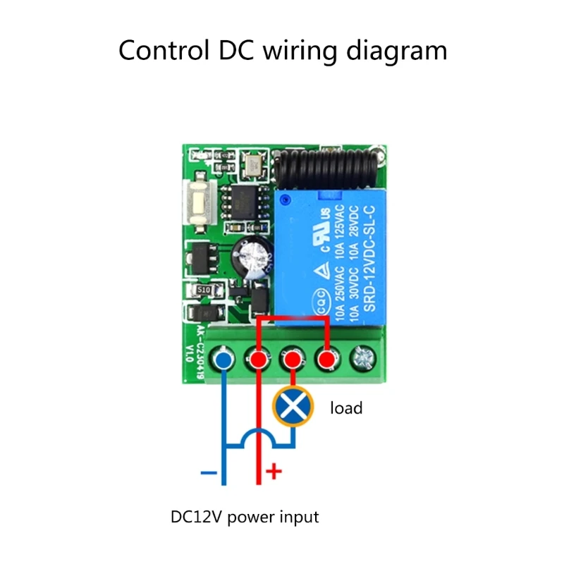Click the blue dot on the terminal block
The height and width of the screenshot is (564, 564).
click(x=224, y=362)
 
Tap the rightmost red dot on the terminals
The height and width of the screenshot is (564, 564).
click(x=326, y=362)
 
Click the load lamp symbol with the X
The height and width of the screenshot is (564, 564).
click(x=293, y=407)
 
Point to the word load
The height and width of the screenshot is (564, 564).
click(x=346, y=407)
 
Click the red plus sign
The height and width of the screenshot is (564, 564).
click(x=273, y=472)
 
